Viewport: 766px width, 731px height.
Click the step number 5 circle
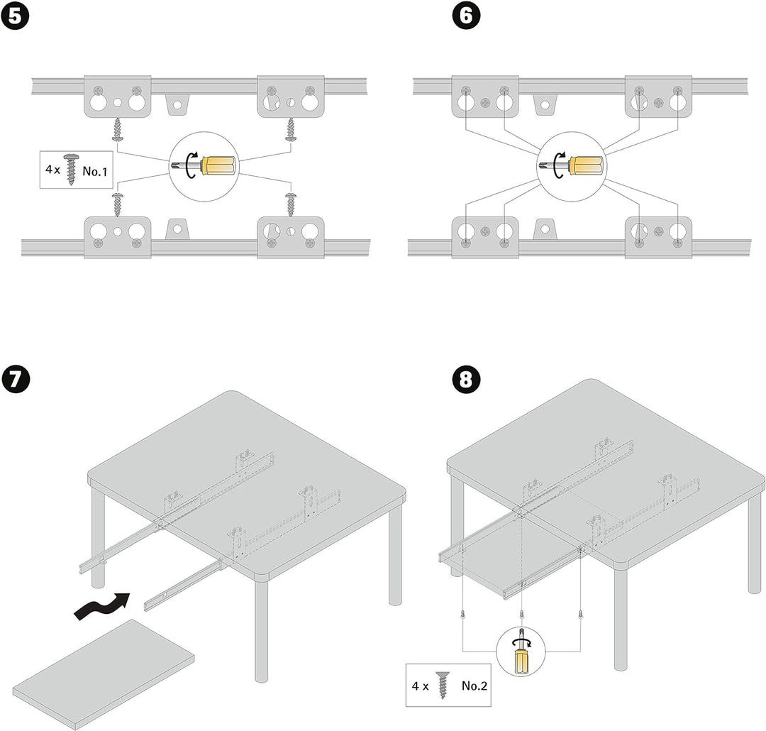[x=15, y=16]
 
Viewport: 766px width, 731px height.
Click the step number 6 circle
[x=465, y=16]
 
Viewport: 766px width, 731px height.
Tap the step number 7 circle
[x=15, y=378]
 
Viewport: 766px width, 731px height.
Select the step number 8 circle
[x=465, y=378]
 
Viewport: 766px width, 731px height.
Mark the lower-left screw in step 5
[x=117, y=204]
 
